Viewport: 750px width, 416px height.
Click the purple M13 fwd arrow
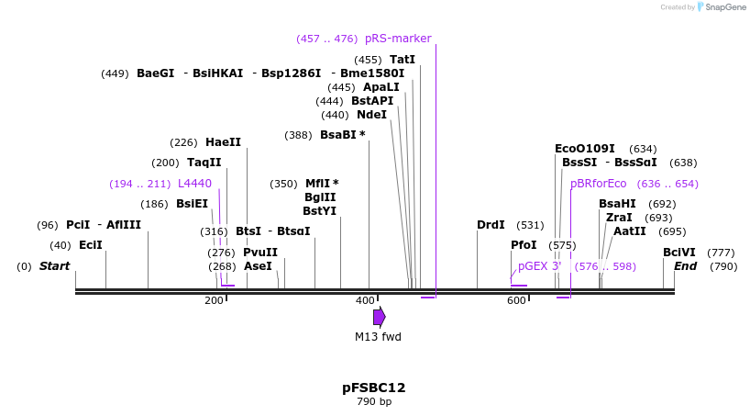click(x=379, y=317)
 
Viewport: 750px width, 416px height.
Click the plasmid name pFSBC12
click(x=374, y=388)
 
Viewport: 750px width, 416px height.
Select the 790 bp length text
click(x=374, y=402)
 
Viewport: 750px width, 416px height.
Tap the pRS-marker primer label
click(x=398, y=39)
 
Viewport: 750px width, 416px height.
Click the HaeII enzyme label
click(x=223, y=142)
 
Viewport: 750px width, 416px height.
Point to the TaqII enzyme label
click(x=204, y=163)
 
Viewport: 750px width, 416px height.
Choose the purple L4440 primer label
click(x=194, y=184)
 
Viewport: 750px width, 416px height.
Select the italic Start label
click(x=54, y=266)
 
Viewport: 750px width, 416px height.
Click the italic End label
click(x=686, y=266)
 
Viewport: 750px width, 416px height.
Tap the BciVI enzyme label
click(x=679, y=253)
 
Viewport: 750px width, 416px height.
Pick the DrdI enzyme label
click(x=491, y=225)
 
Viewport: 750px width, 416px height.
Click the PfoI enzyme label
click(x=524, y=245)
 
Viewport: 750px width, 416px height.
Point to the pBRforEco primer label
click(x=599, y=184)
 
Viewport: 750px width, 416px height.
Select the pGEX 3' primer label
click(x=539, y=266)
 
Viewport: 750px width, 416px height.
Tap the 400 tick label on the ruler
click(x=365, y=300)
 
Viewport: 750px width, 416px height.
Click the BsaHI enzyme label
click(x=617, y=204)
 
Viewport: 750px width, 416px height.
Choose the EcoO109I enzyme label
click(x=584, y=149)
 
